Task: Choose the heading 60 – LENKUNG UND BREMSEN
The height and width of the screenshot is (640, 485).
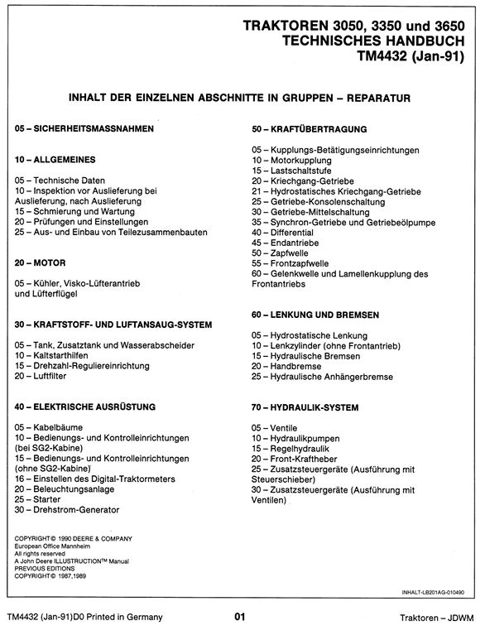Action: (x=315, y=315)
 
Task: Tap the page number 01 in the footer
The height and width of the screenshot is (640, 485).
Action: (x=241, y=617)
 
